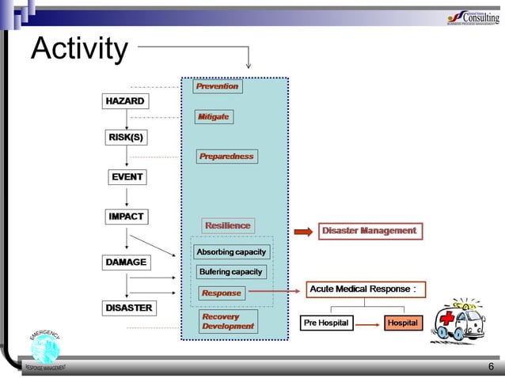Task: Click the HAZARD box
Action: point(125,101)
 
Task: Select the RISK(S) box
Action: point(126,138)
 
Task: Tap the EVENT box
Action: point(127,176)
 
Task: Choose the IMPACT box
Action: point(126,216)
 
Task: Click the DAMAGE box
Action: point(126,262)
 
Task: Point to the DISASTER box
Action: point(128,307)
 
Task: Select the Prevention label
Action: point(217,86)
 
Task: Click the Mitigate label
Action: point(214,116)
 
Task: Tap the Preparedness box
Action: point(226,156)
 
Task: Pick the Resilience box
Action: point(228,225)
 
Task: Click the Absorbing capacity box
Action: point(231,252)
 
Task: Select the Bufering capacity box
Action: point(230,272)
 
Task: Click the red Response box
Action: point(221,293)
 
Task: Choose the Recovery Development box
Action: point(227,321)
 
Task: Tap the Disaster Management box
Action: point(370,231)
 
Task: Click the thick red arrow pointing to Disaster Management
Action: point(303,232)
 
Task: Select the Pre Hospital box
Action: point(326,323)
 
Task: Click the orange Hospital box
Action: point(403,323)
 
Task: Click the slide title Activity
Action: point(78,50)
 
